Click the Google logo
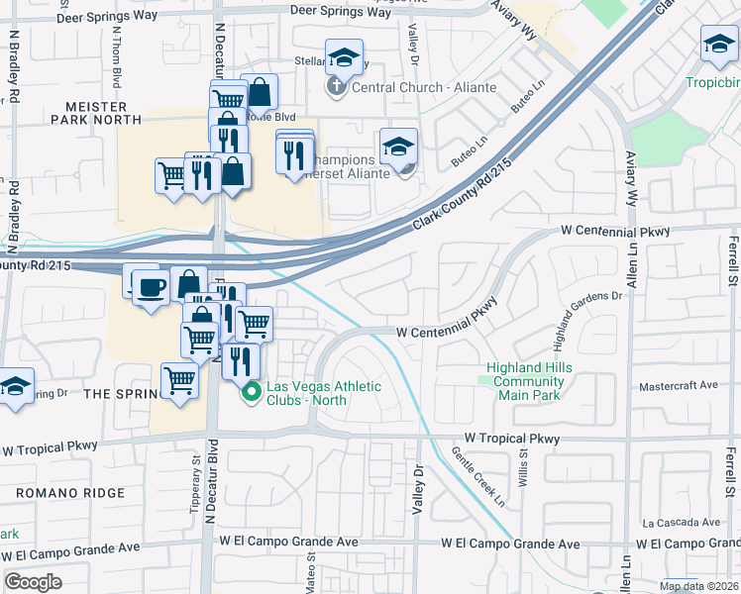pyautogui.click(x=34, y=581)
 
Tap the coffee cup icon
pyautogui.click(x=151, y=288)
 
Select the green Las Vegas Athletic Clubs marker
pyautogui.click(x=251, y=393)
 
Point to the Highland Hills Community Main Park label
pyautogui.click(x=528, y=381)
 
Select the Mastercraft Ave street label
pyautogui.click(x=679, y=385)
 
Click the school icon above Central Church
pyautogui.click(x=344, y=57)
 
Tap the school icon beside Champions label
pyautogui.click(x=398, y=147)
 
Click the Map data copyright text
pyautogui.click(x=697, y=586)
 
